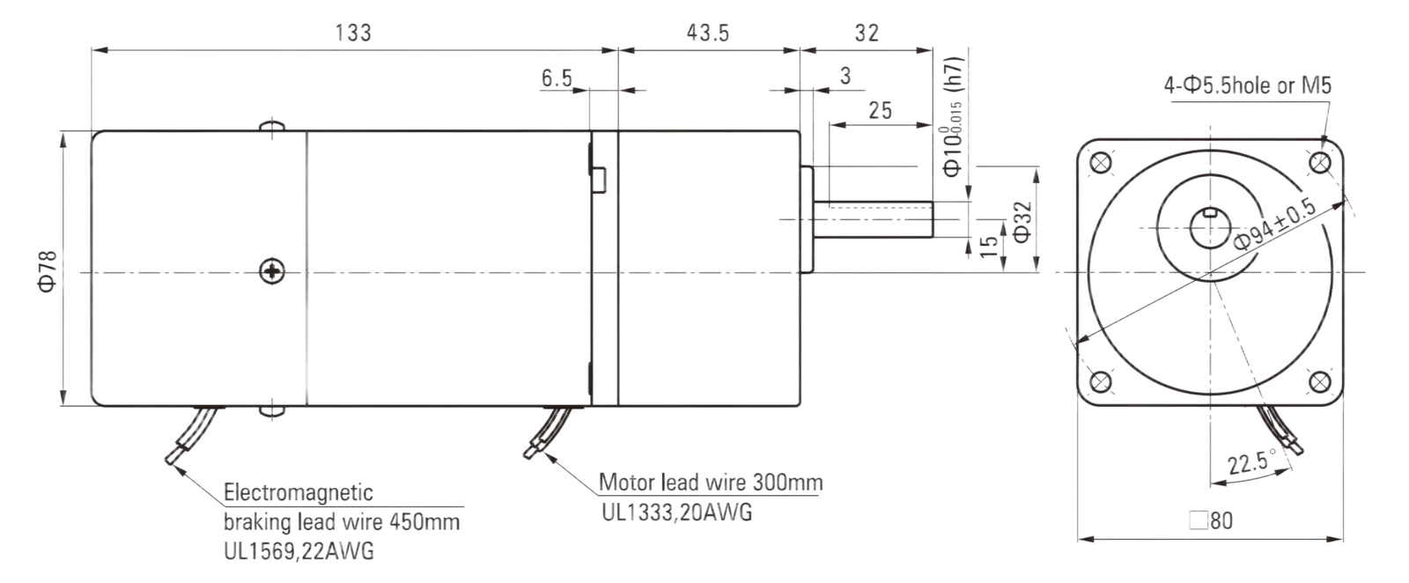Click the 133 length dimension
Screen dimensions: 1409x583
point(353,33)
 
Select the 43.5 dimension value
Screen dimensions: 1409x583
point(708,33)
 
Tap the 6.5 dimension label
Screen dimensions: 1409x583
point(557,78)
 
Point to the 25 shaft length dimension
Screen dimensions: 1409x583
point(881,111)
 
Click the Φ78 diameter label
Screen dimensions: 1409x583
point(48,271)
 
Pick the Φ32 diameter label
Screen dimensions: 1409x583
point(1022,221)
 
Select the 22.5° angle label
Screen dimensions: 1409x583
point(1251,462)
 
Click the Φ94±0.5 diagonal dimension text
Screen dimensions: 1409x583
point(1273,224)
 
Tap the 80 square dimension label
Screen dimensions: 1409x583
point(1211,520)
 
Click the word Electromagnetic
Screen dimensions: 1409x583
point(299,491)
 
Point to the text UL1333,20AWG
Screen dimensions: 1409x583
point(677,513)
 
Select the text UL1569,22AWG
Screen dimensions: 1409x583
point(299,551)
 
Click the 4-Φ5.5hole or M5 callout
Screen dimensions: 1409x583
point(1248,85)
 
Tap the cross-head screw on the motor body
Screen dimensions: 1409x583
point(272,271)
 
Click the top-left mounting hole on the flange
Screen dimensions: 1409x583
point(1101,164)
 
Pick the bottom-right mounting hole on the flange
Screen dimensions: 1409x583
point(1320,381)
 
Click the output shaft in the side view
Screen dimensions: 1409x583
point(873,219)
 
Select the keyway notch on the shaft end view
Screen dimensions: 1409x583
point(1210,212)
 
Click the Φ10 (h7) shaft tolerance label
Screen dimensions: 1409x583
point(952,117)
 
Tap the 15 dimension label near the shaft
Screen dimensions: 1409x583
point(990,246)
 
